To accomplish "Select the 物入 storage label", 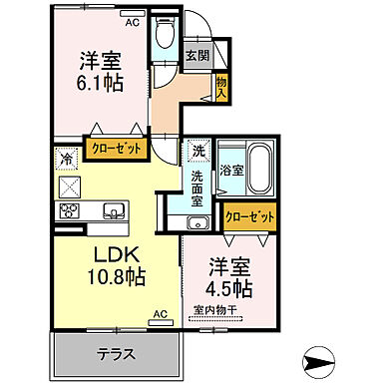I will click(221, 88).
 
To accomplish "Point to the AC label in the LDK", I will click(158, 312).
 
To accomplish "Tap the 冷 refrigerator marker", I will click(66, 157).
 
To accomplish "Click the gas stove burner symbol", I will click(70, 210).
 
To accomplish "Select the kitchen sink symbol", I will click(113, 209).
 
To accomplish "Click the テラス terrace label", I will click(117, 354).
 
